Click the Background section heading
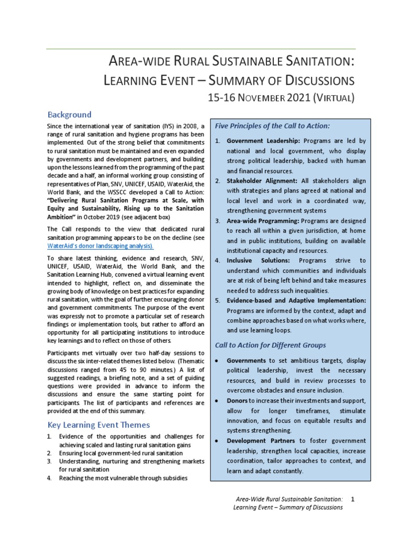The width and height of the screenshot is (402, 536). pyautogui.click(x=69, y=115)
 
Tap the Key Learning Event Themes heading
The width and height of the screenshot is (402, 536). pyautogui.click(x=98, y=425)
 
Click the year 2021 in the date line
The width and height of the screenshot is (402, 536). pyautogui.click(x=298, y=97)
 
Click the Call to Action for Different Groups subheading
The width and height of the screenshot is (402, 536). pyautogui.click(x=271, y=345)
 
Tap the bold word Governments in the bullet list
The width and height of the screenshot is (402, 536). pyautogui.click(x=247, y=361)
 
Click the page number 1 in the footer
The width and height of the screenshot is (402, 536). pyautogui.click(x=353, y=499)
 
